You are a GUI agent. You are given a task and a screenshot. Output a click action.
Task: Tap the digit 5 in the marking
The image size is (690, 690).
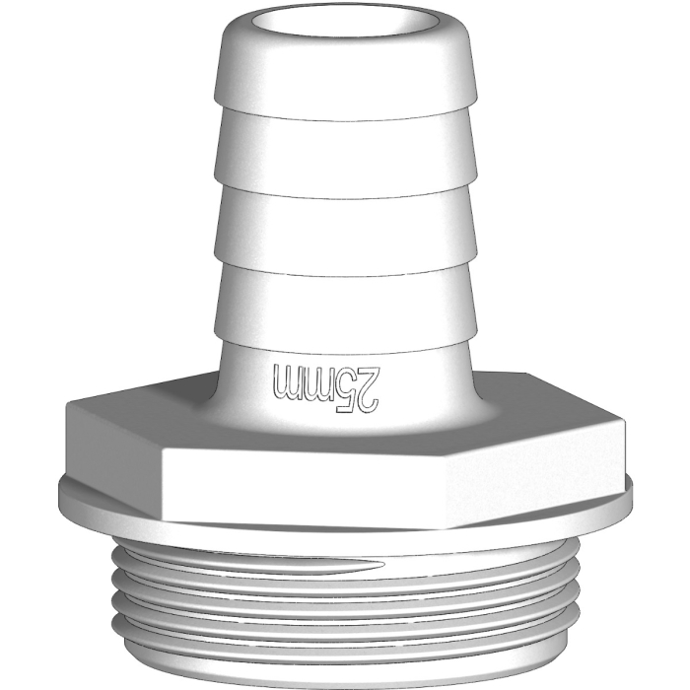[x=346, y=387]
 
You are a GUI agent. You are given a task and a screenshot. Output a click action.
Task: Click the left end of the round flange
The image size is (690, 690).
[x=61, y=493]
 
